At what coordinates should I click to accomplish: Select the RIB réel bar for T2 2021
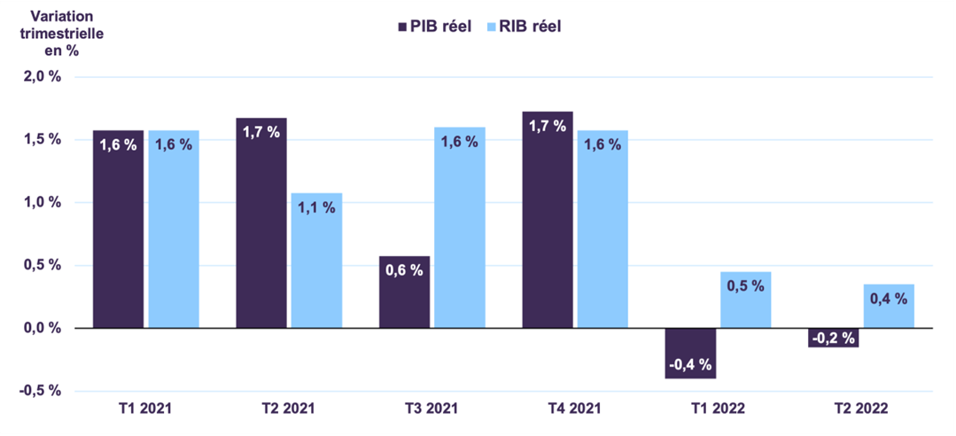click(316, 261)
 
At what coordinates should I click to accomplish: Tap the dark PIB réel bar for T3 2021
click(404, 292)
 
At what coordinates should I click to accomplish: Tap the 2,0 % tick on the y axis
click(42, 76)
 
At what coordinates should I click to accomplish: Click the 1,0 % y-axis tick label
click(42, 202)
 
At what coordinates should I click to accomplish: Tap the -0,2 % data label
click(834, 338)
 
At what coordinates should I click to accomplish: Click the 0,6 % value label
click(405, 270)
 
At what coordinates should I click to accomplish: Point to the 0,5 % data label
click(745, 286)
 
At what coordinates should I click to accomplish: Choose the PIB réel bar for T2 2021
click(261, 222)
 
